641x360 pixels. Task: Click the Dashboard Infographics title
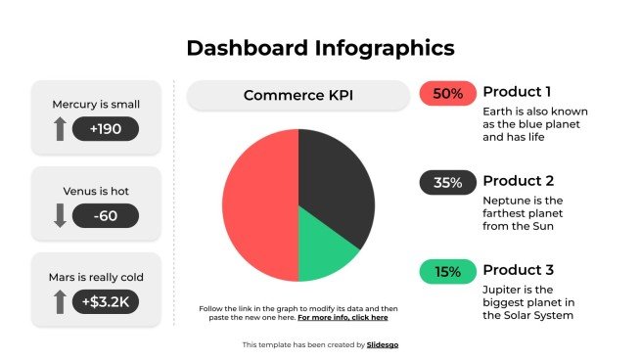(x=320, y=48)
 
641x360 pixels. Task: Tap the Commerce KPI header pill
(x=298, y=95)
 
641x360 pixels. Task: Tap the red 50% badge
(x=447, y=94)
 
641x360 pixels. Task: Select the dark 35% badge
(x=447, y=183)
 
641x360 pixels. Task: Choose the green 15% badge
(x=447, y=272)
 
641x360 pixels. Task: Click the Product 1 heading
(x=518, y=92)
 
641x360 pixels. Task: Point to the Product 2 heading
(x=519, y=181)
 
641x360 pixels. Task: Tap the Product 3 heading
(x=519, y=270)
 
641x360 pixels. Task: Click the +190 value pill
(x=105, y=129)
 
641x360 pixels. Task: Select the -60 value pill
(x=105, y=215)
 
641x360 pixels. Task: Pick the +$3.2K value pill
(x=105, y=302)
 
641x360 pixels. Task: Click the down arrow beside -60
(x=60, y=215)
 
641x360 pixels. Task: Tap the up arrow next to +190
(x=60, y=128)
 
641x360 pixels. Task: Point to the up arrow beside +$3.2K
(x=60, y=301)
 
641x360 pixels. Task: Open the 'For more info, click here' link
(x=343, y=318)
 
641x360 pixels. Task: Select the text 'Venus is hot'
(x=95, y=189)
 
